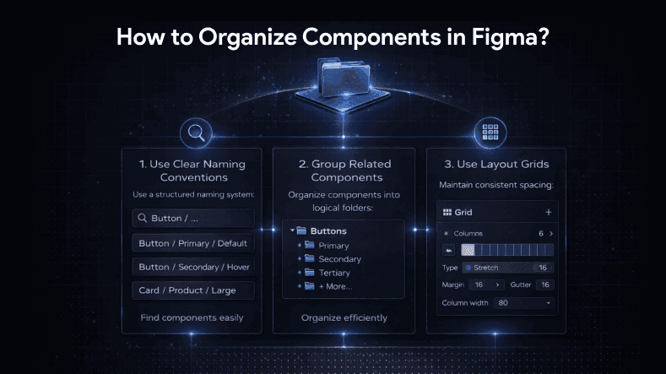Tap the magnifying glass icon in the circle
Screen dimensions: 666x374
(x=196, y=133)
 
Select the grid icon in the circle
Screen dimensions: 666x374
(x=487, y=133)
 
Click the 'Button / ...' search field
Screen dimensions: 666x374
(x=193, y=219)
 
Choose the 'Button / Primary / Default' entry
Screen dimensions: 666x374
(x=193, y=243)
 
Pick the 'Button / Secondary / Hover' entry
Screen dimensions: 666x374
(x=193, y=267)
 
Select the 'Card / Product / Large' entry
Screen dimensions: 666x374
(x=193, y=290)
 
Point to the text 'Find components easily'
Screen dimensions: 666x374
(x=193, y=317)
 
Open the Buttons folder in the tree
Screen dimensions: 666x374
(x=328, y=230)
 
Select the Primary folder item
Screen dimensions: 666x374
(x=333, y=246)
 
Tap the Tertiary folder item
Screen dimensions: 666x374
(x=334, y=273)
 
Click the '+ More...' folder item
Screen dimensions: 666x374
(x=334, y=286)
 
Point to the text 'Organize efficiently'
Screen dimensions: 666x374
(x=344, y=317)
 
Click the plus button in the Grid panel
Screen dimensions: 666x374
(x=548, y=212)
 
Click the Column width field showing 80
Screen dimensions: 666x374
(x=524, y=302)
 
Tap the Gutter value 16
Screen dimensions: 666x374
(x=544, y=285)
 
